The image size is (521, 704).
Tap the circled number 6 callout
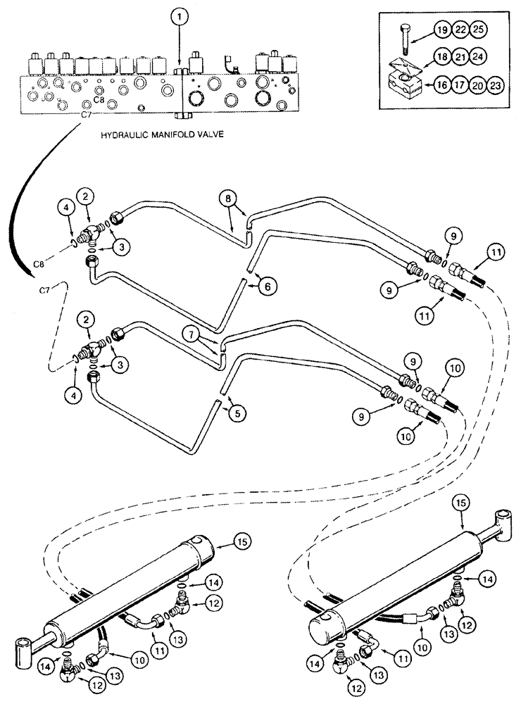(270, 286)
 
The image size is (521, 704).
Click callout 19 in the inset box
(442, 30)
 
